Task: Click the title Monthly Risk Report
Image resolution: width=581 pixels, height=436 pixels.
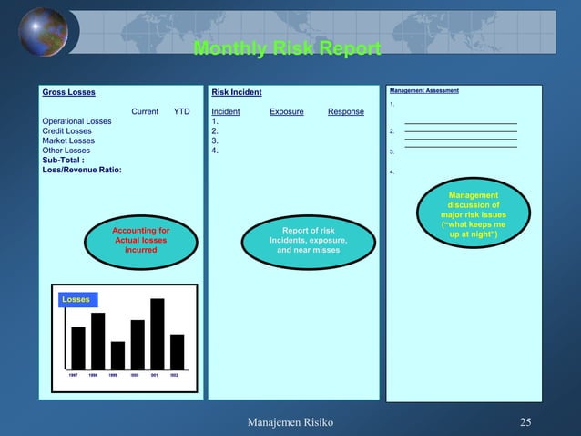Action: click(x=287, y=48)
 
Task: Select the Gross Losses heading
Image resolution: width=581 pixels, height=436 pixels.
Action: click(x=68, y=92)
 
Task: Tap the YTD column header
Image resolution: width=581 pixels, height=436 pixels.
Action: click(x=181, y=111)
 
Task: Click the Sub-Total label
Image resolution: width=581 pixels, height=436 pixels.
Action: click(x=64, y=161)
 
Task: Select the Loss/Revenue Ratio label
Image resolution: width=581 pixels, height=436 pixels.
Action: click(x=82, y=171)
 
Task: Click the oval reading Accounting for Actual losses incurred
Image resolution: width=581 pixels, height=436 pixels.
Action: click(x=140, y=240)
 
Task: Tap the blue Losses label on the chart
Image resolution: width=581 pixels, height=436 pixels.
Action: click(x=76, y=299)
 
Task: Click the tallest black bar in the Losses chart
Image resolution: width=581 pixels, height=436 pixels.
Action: click(x=157, y=333)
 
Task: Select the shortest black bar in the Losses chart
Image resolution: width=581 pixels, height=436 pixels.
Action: click(x=117, y=355)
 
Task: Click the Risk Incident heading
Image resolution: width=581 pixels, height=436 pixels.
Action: click(x=236, y=92)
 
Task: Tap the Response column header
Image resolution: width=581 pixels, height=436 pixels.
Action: click(x=345, y=111)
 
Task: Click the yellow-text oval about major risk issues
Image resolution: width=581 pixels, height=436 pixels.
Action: click(x=473, y=216)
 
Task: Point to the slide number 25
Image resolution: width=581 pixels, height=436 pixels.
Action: click(x=525, y=422)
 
